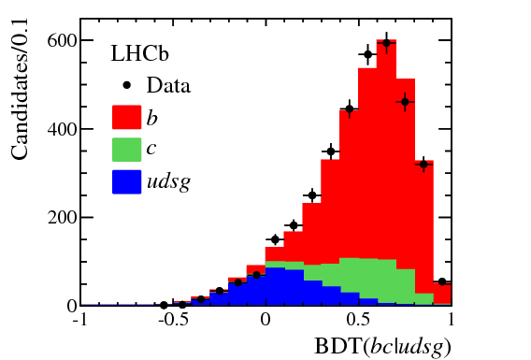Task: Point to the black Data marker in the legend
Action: (125, 85)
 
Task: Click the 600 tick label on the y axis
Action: (57, 40)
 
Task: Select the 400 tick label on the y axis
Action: (57, 129)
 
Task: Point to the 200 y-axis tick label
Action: (57, 217)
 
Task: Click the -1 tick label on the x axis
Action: (81, 321)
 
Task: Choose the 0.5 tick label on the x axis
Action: (359, 321)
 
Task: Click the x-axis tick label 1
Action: (451, 321)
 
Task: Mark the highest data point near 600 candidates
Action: (386, 42)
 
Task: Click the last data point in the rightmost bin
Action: (442, 281)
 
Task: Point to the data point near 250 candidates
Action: (312, 195)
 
